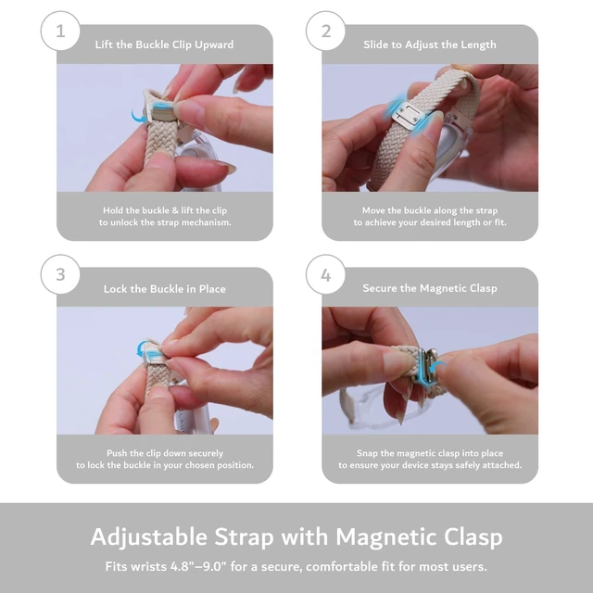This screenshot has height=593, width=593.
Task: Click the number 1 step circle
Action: pos(60,31)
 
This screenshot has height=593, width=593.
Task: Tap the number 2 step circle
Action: pos(325,31)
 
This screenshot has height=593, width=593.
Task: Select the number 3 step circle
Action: pos(60,274)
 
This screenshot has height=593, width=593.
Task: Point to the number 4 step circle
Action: pos(325,274)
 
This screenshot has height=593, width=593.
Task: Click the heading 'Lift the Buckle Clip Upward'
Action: pos(164,44)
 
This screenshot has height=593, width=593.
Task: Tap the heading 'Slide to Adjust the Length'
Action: pos(430,44)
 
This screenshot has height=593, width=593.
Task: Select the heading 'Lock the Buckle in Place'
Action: pos(165,289)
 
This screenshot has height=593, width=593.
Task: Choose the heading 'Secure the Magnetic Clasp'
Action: pos(430,288)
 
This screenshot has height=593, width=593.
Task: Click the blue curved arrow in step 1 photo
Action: pos(138,116)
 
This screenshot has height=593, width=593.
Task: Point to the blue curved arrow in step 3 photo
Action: pos(141,348)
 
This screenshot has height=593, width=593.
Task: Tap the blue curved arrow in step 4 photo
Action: pos(437,365)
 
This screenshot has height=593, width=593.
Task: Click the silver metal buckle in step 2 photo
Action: pos(406,114)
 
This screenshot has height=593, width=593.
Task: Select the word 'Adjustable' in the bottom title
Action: pos(149,537)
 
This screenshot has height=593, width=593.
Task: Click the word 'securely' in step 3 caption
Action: pos(206,453)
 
